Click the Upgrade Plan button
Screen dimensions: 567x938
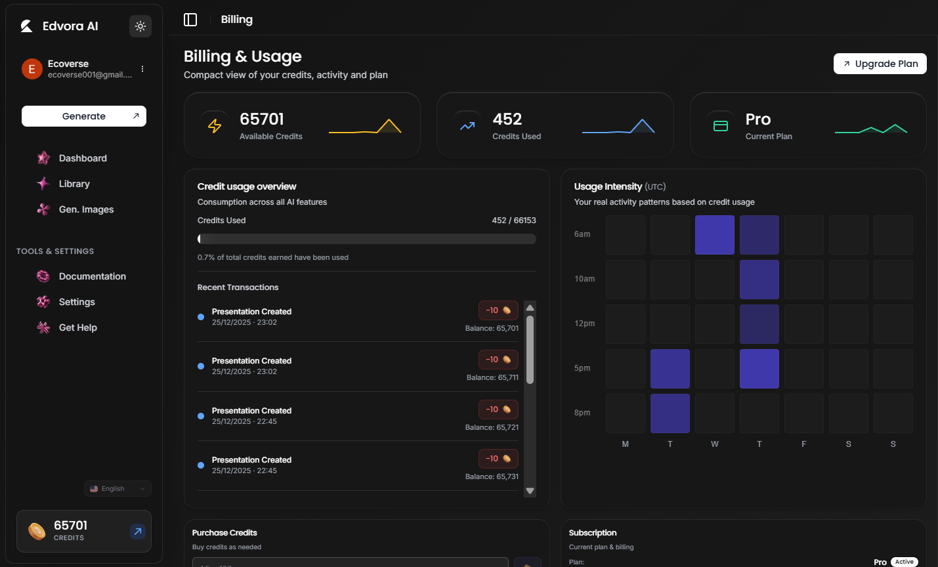[x=880, y=64]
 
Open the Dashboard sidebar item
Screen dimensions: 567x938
[x=82, y=158]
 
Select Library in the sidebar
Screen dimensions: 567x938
[x=74, y=184]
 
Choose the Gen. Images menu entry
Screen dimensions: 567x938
[x=86, y=209]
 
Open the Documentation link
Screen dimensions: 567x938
[x=92, y=276]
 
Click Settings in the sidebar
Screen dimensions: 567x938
[x=77, y=302]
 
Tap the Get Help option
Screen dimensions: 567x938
[x=77, y=327]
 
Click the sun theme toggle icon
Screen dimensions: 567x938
[x=140, y=26]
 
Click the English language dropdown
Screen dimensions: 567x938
[x=117, y=489]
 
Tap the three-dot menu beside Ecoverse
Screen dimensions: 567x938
[x=142, y=69]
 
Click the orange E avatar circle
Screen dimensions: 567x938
[x=32, y=69]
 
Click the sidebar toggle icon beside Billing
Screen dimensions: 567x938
[x=190, y=20]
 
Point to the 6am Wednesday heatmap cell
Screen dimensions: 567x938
[x=714, y=235]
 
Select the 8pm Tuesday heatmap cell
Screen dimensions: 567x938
[x=670, y=413]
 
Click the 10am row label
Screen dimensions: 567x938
[x=584, y=279]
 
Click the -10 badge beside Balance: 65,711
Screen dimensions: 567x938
[x=498, y=360]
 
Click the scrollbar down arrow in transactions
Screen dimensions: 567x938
[x=530, y=491]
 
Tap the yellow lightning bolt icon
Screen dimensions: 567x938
[x=215, y=126]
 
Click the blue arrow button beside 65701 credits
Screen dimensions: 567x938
[x=137, y=532]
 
